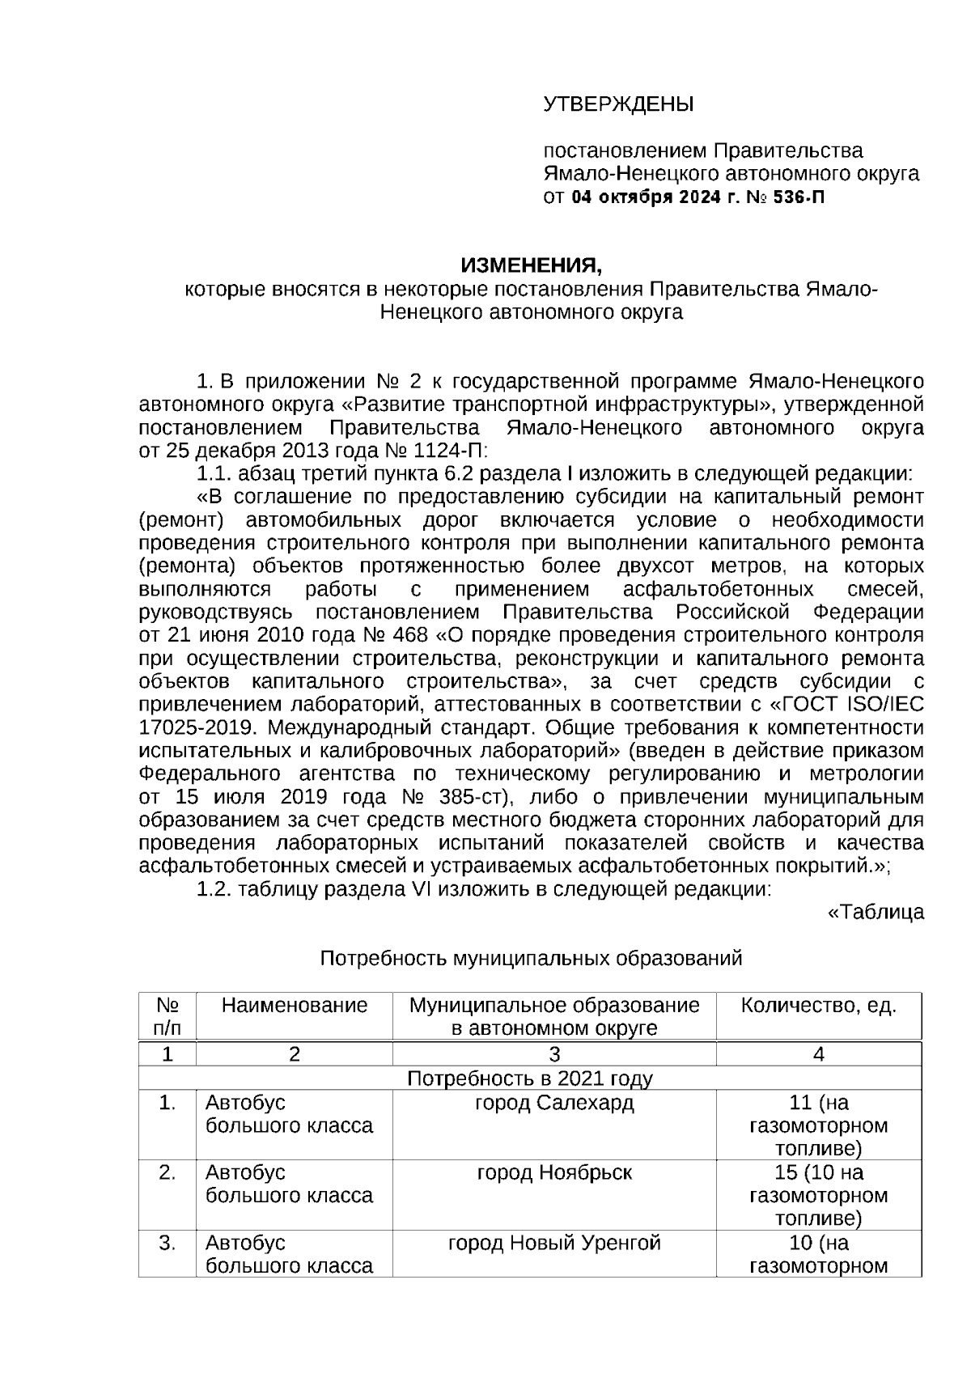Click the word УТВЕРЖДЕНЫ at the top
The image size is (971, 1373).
[618, 104]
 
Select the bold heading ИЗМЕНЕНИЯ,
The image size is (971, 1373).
[532, 265]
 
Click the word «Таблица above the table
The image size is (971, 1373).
[876, 913]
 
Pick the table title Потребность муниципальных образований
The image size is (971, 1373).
[531, 959]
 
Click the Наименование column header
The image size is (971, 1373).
[295, 1006]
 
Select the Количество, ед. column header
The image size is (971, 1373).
[818, 1006]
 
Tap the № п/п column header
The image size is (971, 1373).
[167, 1017]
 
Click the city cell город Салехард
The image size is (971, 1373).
[554, 1103]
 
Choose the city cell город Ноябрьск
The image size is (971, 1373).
[554, 1172]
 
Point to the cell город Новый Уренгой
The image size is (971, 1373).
[554, 1243]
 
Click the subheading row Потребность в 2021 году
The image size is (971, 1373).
[530, 1078]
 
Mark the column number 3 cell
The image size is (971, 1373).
[554, 1054]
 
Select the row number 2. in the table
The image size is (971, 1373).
[167, 1172]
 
